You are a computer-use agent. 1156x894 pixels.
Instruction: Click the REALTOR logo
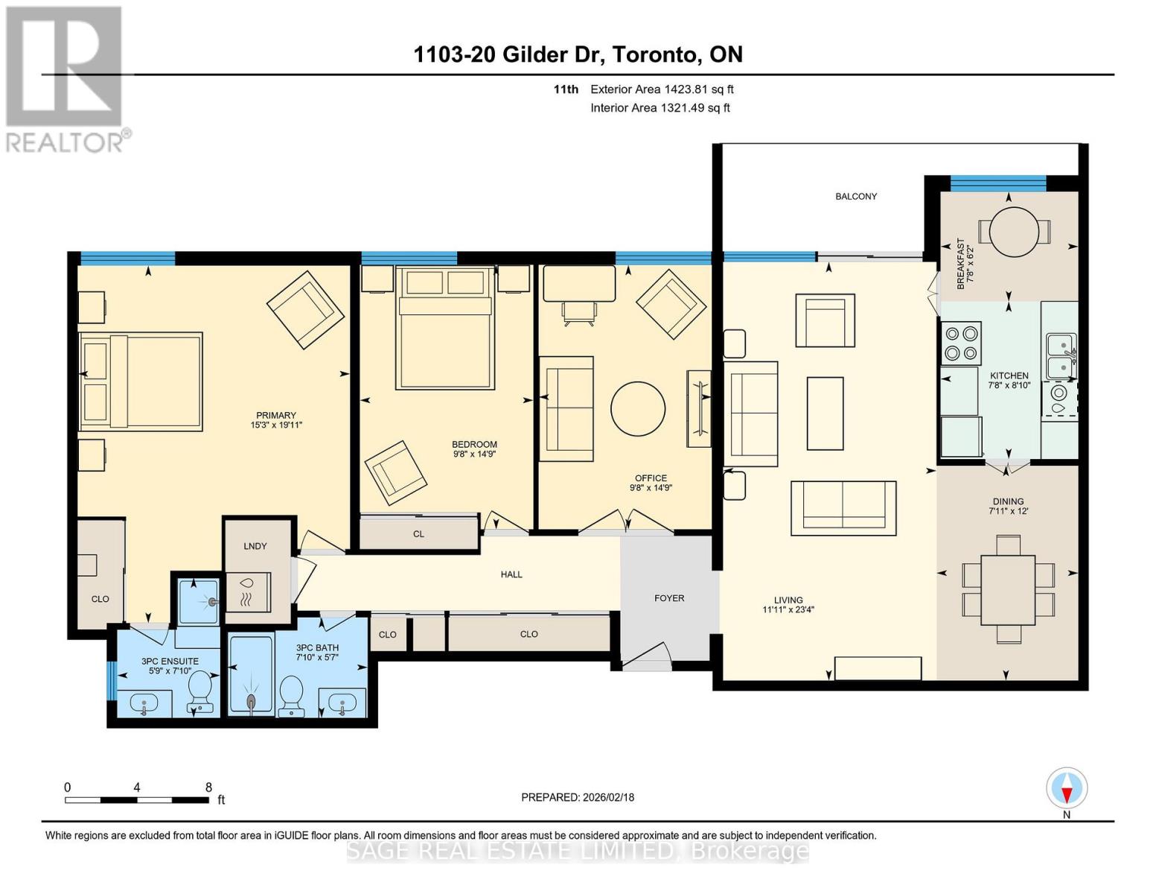[x=65, y=77]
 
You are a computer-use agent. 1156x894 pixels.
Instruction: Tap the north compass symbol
[x=1066, y=788]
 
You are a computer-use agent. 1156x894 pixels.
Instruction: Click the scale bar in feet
[x=137, y=799]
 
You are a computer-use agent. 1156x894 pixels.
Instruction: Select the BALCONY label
[x=855, y=197]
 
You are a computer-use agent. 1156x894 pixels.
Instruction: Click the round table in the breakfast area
[x=1009, y=231]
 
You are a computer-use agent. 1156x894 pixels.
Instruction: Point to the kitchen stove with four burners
[x=960, y=343]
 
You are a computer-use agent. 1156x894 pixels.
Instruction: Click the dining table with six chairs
[x=1008, y=589]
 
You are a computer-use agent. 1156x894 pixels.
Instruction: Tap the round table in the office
[x=638, y=409]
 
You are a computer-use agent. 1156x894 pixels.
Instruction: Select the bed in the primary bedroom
[x=141, y=381]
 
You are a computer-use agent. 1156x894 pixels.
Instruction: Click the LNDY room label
[x=255, y=546]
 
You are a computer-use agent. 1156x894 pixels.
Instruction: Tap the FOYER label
[x=668, y=598]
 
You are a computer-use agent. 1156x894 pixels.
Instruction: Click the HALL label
[x=511, y=574]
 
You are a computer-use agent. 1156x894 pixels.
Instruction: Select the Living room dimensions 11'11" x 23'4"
[x=788, y=610]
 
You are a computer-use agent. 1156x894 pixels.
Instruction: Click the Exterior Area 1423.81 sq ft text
[x=661, y=89]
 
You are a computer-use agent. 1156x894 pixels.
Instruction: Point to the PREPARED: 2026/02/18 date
[x=577, y=797]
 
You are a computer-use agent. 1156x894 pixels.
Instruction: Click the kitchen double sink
[x=1060, y=356]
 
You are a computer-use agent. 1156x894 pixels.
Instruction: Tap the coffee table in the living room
[x=825, y=413]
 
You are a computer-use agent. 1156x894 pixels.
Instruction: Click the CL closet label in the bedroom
[x=418, y=534]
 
